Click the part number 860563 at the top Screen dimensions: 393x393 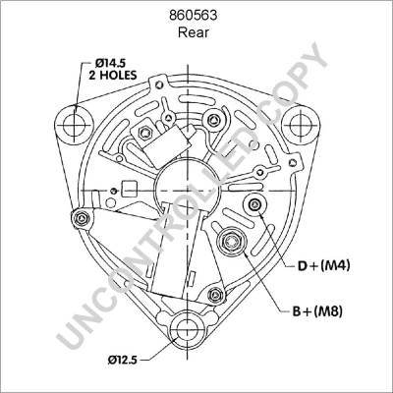pos(196,15)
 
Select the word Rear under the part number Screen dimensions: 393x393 pos(196,32)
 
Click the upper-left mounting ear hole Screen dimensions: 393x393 pos(72,124)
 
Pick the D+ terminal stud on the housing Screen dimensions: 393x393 pos(255,203)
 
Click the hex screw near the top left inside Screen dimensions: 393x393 pos(143,132)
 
